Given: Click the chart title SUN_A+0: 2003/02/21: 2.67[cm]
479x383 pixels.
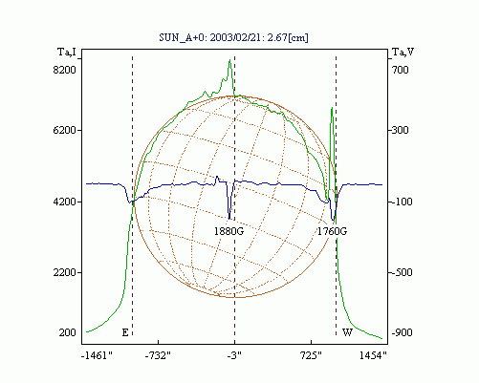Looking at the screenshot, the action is tap(233, 37).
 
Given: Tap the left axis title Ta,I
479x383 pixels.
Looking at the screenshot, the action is tap(67, 52).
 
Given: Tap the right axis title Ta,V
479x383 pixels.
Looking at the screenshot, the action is tap(403, 52).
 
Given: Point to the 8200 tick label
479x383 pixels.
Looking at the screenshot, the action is tap(64, 70).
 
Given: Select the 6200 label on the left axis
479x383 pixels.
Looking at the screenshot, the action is tap(64, 130).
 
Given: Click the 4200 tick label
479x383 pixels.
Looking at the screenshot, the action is tap(64, 202).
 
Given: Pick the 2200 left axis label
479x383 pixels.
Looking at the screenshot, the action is tap(64, 272).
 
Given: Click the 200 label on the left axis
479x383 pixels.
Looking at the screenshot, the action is tap(67, 332).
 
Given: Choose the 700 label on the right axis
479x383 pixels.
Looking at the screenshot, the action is tap(400, 70).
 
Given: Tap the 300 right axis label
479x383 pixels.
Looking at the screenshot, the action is tap(400, 130).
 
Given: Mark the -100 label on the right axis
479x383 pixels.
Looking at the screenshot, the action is tap(402, 202).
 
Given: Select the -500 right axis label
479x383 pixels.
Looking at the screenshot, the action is tap(402, 272).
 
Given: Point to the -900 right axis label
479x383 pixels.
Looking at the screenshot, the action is tap(402, 332).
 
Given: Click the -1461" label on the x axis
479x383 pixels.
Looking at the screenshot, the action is tap(97, 355).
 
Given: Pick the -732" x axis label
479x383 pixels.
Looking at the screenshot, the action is tap(158, 355).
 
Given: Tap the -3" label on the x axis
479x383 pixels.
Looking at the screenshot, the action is tap(234, 355).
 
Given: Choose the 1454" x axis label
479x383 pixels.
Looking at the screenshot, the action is tap(373, 355).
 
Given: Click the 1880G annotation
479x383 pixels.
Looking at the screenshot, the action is tap(229, 231).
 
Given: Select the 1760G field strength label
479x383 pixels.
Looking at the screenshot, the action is tap(332, 231).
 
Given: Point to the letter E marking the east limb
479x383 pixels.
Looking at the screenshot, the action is tap(125, 332).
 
